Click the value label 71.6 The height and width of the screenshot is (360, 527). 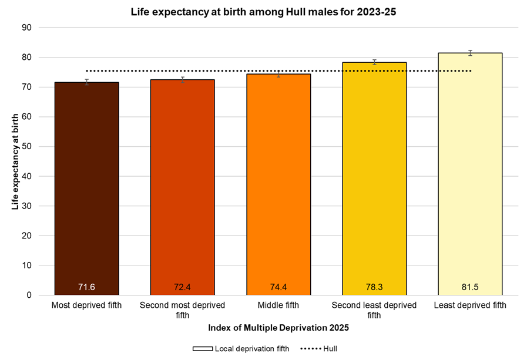pyautogui.click(x=86, y=287)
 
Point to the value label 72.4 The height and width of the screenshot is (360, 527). pyautogui.click(x=182, y=287)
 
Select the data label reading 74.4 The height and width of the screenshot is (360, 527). pyautogui.click(x=278, y=287)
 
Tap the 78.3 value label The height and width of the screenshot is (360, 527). pyautogui.click(x=374, y=287)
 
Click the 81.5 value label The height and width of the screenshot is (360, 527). pyautogui.click(x=470, y=287)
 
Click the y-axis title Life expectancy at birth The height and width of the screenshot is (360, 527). pyautogui.click(x=15, y=161)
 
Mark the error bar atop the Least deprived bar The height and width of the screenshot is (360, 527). pyautogui.click(x=470, y=53)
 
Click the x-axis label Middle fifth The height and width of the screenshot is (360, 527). pyautogui.click(x=278, y=305)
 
